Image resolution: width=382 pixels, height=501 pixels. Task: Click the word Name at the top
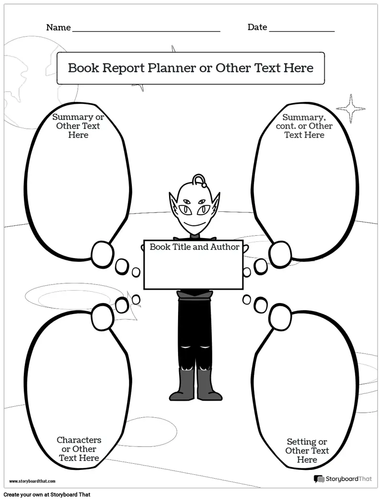pos(58,27)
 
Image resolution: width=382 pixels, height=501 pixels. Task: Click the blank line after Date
pos(302,32)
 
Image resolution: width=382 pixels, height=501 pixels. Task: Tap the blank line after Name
pos(147,32)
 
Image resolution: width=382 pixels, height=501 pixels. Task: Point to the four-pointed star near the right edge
pos(351,109)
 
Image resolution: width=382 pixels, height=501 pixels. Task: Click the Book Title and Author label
pos(194,247)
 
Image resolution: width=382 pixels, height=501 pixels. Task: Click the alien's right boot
pos(209,384)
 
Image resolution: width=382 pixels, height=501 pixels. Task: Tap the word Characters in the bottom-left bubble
pos(79,440)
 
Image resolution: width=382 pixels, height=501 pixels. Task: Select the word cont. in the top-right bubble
pos(286,126)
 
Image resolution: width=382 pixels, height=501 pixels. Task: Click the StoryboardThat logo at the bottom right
pos(343,479)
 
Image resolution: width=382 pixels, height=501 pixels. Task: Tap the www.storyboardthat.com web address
pos(32,481)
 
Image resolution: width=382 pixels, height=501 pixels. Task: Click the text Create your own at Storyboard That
pos(47,495)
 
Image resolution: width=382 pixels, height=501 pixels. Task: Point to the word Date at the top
pos(257,27)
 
